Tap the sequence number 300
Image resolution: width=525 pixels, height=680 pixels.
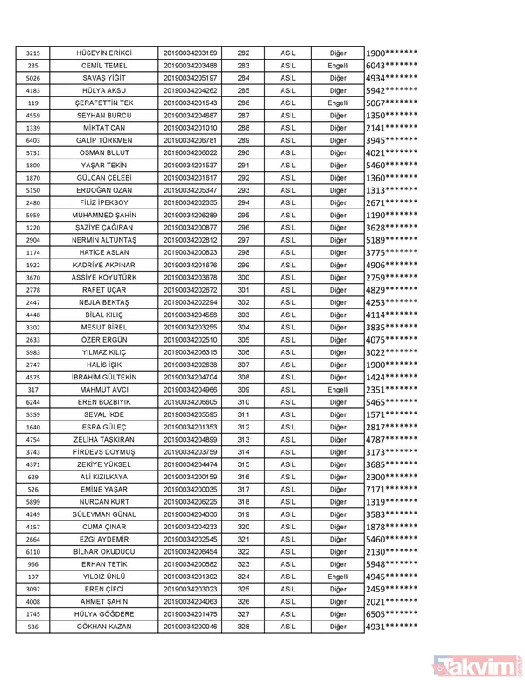tap(243, 277)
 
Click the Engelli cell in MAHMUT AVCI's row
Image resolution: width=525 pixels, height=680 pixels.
tap(338, 389)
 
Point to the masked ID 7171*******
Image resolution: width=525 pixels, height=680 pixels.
tap(391, 489)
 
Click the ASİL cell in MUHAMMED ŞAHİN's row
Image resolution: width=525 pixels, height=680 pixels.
tap(288, 215)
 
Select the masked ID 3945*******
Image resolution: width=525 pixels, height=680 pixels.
tap(391, 140)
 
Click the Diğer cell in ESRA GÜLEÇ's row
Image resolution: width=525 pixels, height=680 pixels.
tap(338, 427)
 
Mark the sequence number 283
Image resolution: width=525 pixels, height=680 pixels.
tap(243, 66)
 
